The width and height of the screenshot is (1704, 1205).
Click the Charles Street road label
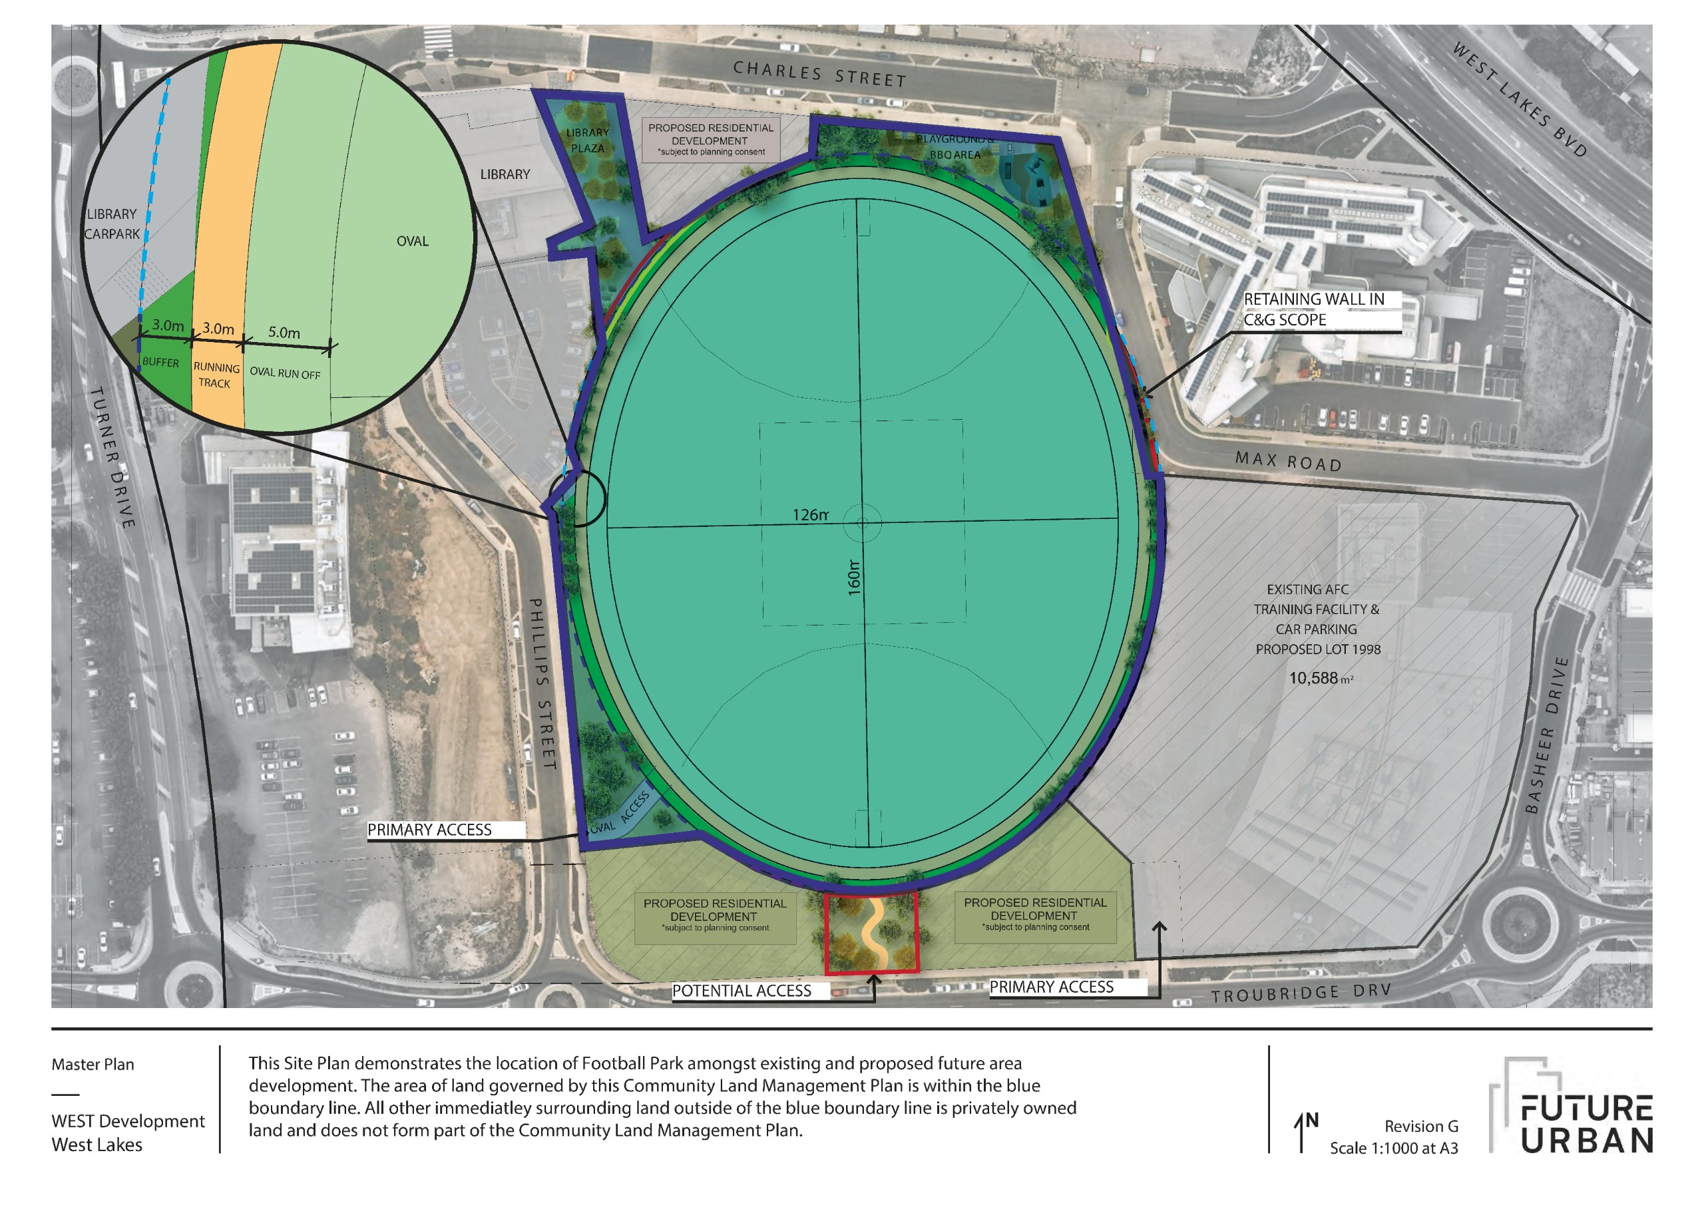[819, 75]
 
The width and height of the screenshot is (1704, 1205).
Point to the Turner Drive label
[112, 457]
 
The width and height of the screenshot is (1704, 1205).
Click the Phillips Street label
[542, 683]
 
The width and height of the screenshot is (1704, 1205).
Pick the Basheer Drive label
[1547, 735]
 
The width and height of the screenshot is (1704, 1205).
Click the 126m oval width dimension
[809, 515]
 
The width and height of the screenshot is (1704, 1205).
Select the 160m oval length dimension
[854, 578]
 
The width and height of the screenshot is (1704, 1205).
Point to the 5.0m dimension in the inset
[284, 333]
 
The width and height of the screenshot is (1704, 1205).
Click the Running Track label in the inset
[216, 375]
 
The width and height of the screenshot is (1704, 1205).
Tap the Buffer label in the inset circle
[160, 362]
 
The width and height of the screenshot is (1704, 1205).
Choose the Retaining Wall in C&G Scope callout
[1314, 309]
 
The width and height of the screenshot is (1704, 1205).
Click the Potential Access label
[742, 991]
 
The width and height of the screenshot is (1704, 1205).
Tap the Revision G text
[1420, 1126]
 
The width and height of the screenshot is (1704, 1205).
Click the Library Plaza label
[587, 140]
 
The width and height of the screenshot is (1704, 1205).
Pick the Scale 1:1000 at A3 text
[1393, 1148]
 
